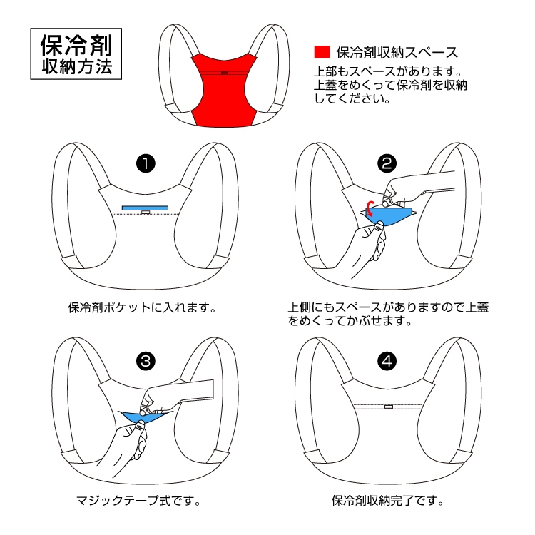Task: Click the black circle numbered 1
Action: click(x=146, y=164)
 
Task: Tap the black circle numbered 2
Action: click(x=387, y=163)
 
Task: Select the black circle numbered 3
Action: click(x=146, y=362)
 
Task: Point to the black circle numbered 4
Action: click(x=387, y=362)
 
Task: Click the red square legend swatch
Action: click(x=322, y=52)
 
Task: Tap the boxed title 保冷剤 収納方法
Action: click(x=76, y=54)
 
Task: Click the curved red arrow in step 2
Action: click(x=370, y=208)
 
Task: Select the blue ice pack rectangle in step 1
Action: click(x=145, y=208)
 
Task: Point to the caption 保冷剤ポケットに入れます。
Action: click(x=143, y=307)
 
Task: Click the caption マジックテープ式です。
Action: click(x=138, y=501)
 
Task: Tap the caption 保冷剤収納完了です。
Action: click(x=388, y=501)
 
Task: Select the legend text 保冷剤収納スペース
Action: click(x=397, y=52)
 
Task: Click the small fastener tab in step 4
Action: click(x=389, y=407)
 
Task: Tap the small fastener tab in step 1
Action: click(x=146, y=213)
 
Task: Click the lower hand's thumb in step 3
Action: click(x=141, y=427)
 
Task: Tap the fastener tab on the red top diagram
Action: click(x=224, y=73)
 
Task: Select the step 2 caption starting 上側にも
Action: click(x=388, y=315)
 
